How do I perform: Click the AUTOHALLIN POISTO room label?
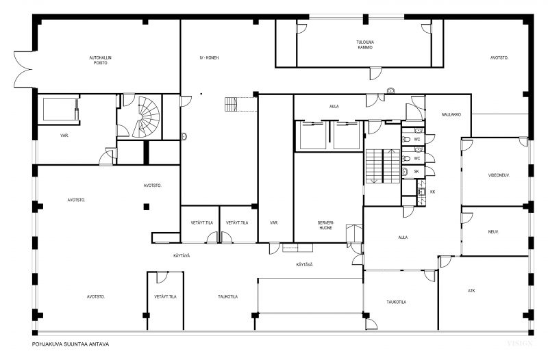coord(100,60)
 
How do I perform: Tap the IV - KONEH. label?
coord(210,57)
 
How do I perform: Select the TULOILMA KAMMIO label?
coord(365,44)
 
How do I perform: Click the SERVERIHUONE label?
coord(325,225)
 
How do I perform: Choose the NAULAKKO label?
coord(451,114)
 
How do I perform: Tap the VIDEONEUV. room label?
coord(499,175)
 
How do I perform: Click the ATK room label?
coord(471,290)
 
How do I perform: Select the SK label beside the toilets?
coord(416,172)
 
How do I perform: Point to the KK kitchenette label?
coord(433,192)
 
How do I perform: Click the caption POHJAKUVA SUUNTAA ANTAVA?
coord(71,344)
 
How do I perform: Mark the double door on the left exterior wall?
coord(24,69)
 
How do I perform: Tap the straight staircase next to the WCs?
coord(383,166)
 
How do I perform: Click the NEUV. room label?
coord(493,231)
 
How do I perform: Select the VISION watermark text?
coord(520,344)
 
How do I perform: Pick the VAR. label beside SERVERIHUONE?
coord(274,222)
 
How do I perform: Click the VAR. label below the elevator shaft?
coord(64,136)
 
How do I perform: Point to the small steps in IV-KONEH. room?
coord(231,105)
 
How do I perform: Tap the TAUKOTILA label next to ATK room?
coord(397,302)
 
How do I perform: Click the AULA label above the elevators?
coord(334,107)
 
